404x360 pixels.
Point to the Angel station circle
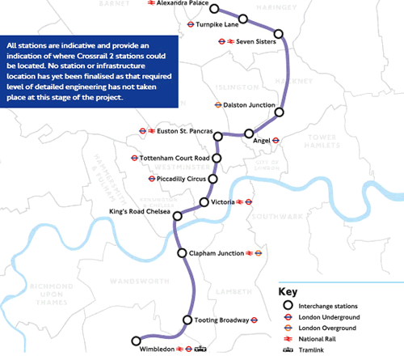tap(249, 133)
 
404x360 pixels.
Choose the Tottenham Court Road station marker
tap(217, 158)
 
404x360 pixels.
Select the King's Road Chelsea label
tap(140, 212)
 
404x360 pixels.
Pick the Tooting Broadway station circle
tap(188, 320)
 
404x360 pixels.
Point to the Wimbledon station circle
tap(136, 341)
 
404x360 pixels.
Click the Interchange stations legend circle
tap(287, 306)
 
